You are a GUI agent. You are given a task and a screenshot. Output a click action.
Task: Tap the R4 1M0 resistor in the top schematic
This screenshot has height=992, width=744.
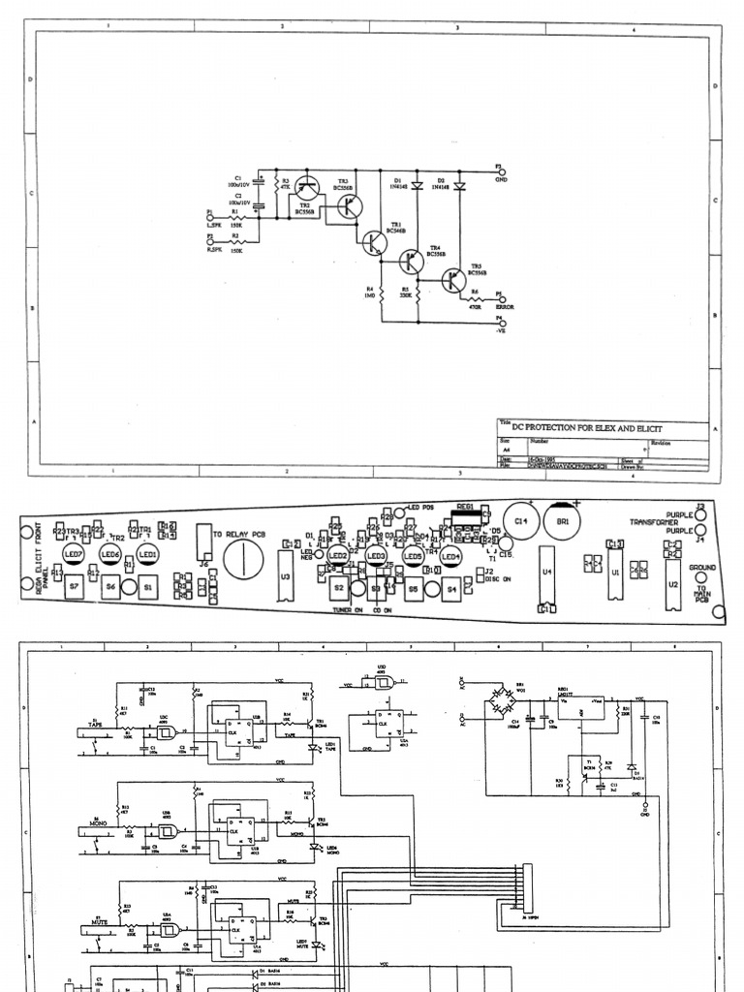click(383, 292)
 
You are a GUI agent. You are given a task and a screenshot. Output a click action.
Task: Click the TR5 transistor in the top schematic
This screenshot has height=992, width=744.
click(453, 279)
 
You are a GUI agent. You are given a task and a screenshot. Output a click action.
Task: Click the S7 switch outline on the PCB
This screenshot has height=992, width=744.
click(74, 587)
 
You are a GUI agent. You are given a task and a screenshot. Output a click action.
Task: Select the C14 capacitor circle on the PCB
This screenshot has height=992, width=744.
click(521, 522)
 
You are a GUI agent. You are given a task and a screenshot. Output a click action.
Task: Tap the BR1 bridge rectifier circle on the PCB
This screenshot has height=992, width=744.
click(563, 522)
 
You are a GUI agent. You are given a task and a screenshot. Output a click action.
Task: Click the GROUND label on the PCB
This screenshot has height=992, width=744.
click(702, 567)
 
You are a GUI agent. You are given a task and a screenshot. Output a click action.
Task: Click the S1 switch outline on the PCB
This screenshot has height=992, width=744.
click(148, 587)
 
